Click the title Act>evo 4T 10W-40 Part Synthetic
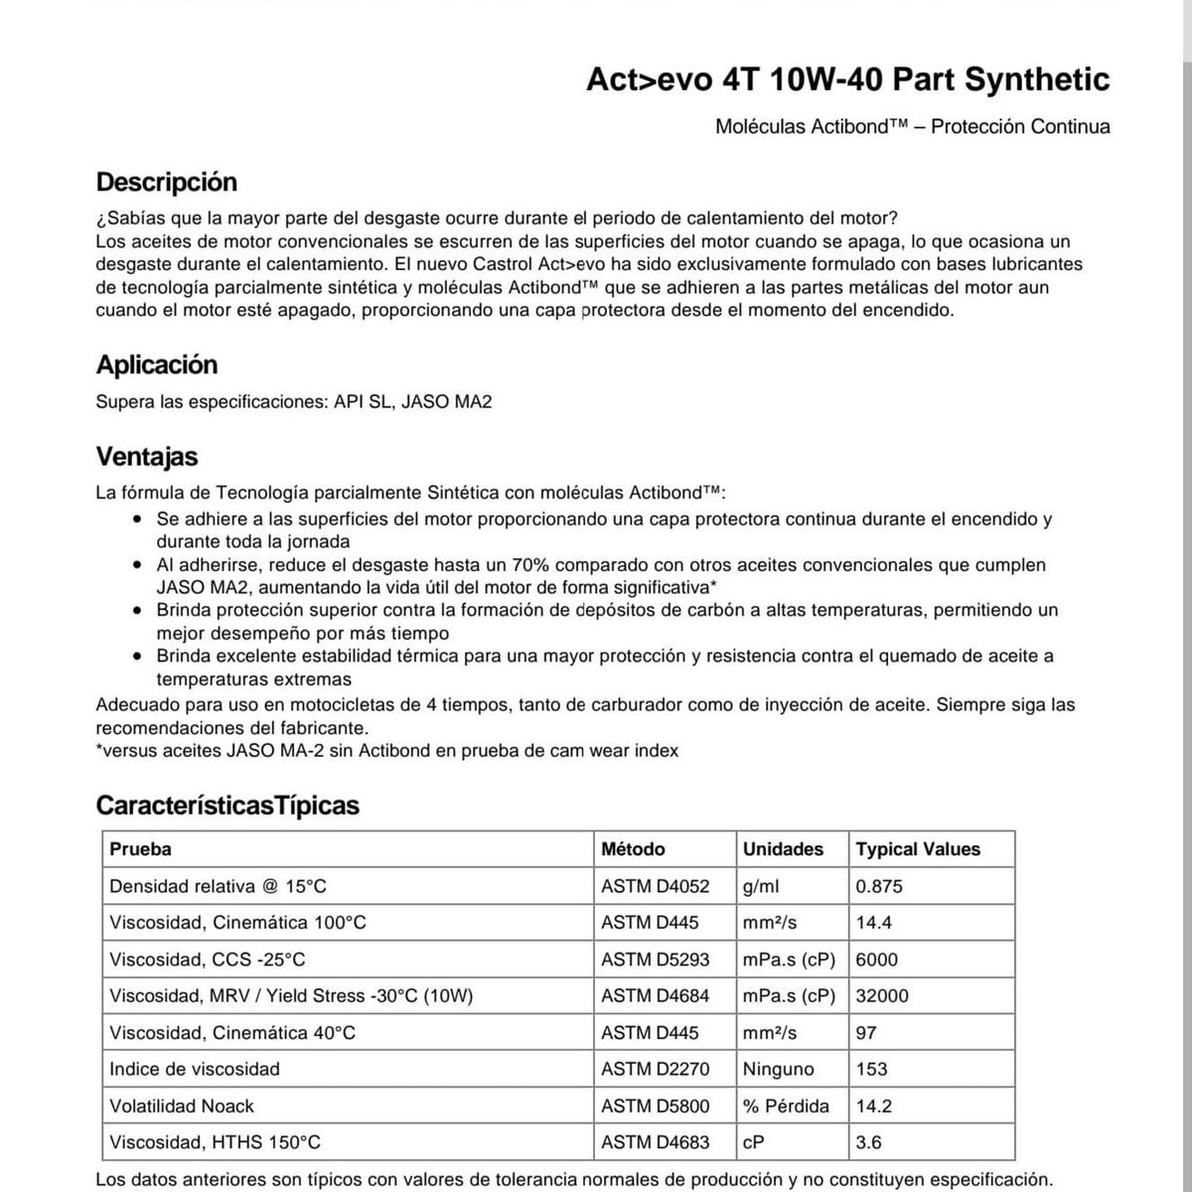(847, 79)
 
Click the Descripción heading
(167, 183)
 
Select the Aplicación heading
(157, 365)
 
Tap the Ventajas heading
(147, 457)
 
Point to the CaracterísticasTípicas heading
(227, 805)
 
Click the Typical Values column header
(918, 849)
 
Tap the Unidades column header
(783, 849)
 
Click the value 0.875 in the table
(879, 886)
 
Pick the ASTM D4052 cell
(656, 886)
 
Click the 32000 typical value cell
(882, 995)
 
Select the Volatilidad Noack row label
(182, 1106)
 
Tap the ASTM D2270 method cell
(656, 1069)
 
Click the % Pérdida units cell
(786, 1106)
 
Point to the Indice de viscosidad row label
(195, 1069)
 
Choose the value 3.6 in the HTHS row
(868, 1142)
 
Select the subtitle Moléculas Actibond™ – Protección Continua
(912, 126)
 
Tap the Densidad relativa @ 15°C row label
(218, 886)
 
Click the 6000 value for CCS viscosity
(876, 960)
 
